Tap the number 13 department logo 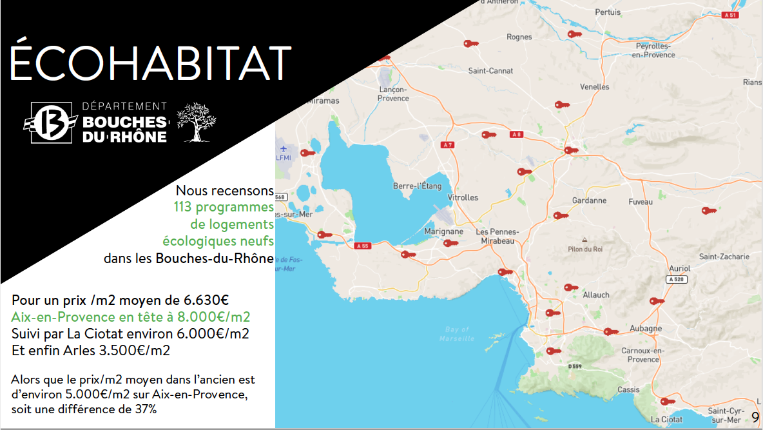[51, 122]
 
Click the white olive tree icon [196, 122]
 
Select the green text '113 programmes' [224, 207]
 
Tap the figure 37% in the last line [146, 409]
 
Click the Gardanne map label [589, 200]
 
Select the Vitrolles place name [463, 197]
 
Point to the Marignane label [444, 231]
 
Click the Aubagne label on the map [646, 328]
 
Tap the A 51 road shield [730, 15]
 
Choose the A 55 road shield [363, 246]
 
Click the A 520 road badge [677, 280]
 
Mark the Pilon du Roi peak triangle [584, 240]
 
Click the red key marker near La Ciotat [668, 402]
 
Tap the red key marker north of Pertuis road [575, 34]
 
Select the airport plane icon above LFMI [283, 148]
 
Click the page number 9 [755, 417]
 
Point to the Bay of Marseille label [456, 334]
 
